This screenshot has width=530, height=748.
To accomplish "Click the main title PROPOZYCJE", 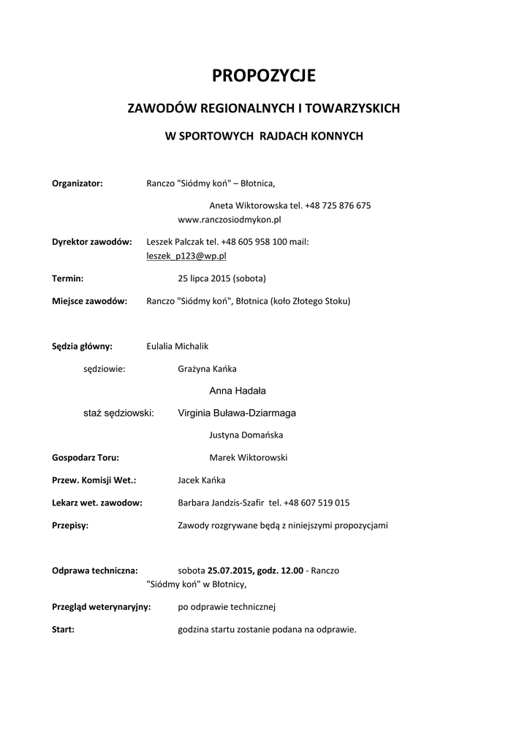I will point(264,75).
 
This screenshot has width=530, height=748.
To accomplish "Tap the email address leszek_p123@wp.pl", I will point(186,256).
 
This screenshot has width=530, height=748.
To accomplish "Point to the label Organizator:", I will point(77,183).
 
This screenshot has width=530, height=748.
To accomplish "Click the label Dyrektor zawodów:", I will point(92,242).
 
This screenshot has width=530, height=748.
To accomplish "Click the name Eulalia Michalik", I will point(178,346).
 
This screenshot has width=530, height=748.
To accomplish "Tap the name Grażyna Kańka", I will point(207,369).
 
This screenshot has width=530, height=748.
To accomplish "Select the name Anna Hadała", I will point(238,391).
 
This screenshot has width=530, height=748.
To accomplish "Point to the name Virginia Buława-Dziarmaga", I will point(237,413).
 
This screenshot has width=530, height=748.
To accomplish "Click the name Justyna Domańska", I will point(246,435).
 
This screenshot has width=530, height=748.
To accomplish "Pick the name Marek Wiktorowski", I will point(249,458).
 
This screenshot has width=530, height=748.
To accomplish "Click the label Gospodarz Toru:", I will point(86,458).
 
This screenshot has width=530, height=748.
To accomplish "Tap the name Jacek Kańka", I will point(202,480).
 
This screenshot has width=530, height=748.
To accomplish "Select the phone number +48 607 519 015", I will point(317,503).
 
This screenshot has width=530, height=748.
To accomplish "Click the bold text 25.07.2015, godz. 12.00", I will point(255,570).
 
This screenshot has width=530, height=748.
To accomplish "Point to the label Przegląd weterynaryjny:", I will point(102,606).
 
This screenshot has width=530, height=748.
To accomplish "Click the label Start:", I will point(64,629).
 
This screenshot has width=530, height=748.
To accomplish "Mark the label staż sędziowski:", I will point(118,413).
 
